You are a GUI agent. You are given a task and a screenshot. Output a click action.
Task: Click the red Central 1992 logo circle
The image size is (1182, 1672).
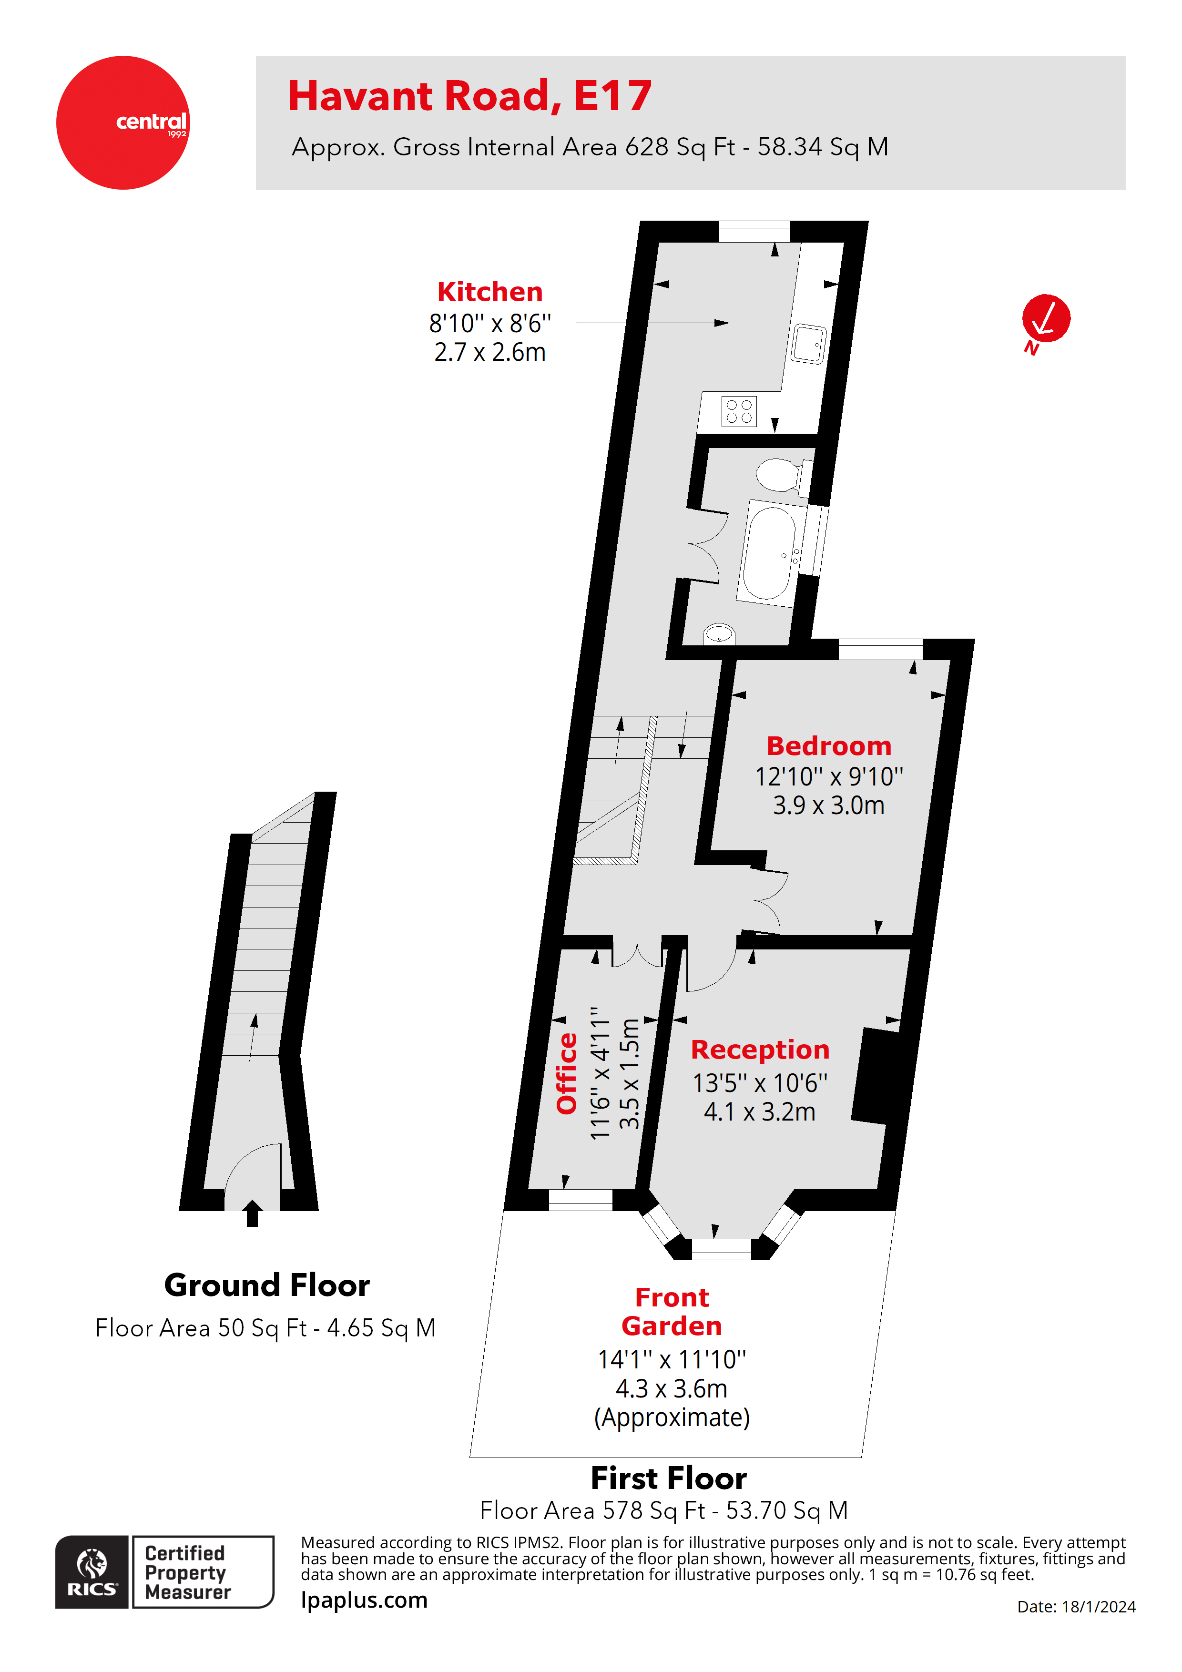[122, 122]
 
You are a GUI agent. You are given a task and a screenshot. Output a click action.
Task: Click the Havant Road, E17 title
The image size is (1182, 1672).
[470, 96]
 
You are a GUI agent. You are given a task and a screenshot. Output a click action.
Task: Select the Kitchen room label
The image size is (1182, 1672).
[489, 292]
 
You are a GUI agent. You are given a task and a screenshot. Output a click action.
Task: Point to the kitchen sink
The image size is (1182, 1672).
[808, 343]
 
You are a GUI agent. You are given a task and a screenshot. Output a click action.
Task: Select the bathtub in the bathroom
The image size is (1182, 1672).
[769, 553]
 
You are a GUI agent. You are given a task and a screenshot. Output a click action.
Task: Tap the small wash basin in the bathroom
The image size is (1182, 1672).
[719, 633]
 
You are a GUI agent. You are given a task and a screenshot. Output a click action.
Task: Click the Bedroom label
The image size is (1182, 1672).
[829, 746]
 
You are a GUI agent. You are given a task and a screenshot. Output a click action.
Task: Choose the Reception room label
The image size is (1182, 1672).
[760, 1050]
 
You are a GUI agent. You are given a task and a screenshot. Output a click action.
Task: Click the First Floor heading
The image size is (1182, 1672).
[669, 1478]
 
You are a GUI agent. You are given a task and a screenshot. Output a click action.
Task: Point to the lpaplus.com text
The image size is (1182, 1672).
[364, 1600]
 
